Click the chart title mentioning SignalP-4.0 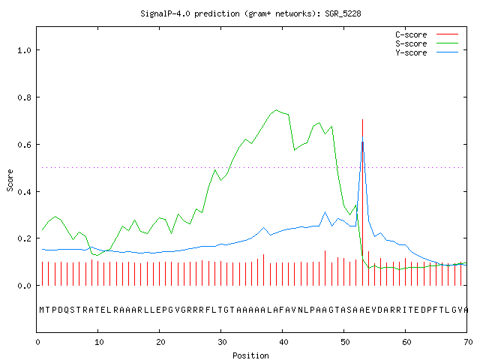click(x=250, y=13)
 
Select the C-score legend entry click(x=427, y=34)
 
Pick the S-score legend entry click(x=427, y=43)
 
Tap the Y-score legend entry click(x=427, y=52)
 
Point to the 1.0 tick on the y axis click(x=24, y=50)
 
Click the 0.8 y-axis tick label click(x=24, y=97)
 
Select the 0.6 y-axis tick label click(x=24, y=145)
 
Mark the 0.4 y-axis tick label click(x=24, y=192)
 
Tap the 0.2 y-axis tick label click(x=24, y=238)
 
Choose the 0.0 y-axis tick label click(x=24, y=286)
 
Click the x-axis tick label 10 click(x=99, y=342)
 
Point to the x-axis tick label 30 click(x=222, y=342)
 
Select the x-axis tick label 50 click(x=345, y=342)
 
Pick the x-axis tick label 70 click(x=468, y=342)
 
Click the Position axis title click(x=250, y=355)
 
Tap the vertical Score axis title click(x=10, y=180)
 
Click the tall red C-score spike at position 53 click(x=362, y=202)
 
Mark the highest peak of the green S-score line click(x=277, y=110)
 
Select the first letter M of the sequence click(x=42, y=310)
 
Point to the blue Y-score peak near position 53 click(x=362, y=136)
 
